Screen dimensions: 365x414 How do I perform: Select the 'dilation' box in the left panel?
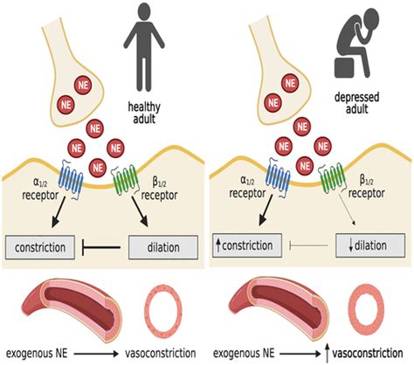coord(161,248)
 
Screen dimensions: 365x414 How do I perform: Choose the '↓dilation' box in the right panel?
coord(367,248)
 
